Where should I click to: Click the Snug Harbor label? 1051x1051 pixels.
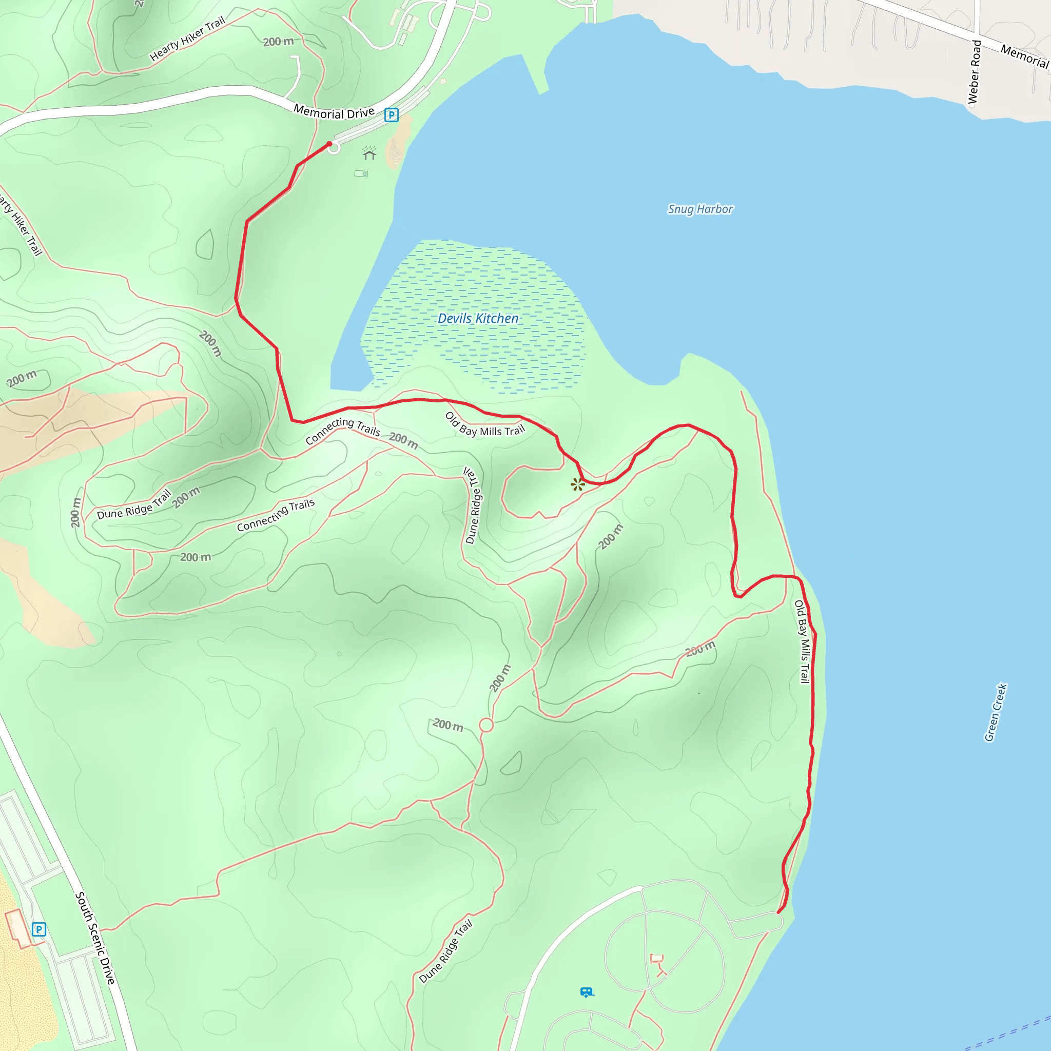tap(700, 209)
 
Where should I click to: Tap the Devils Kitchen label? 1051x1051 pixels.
tap(478, 318)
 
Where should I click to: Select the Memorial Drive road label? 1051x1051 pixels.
tap(334, 112)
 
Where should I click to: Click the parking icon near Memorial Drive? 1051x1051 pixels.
tap(391, 115)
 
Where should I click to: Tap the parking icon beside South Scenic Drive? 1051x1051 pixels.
tap(38, 929)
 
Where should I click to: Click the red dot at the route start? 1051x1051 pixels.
tap(329, 144)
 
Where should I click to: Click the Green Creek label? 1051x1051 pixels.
tap(995, 712)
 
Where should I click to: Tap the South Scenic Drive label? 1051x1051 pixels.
tap(95, 938)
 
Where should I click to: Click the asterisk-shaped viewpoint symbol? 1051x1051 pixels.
tap(577, 484)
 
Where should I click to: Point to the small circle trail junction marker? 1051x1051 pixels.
tap(486, 725)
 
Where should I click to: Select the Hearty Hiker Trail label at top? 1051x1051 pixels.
tap(187, 38)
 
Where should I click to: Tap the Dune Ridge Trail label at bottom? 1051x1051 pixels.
tap(445, 951)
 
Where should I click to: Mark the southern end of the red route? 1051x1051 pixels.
tap(778, 912)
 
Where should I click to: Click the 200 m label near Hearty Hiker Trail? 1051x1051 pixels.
tap(278, 42)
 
